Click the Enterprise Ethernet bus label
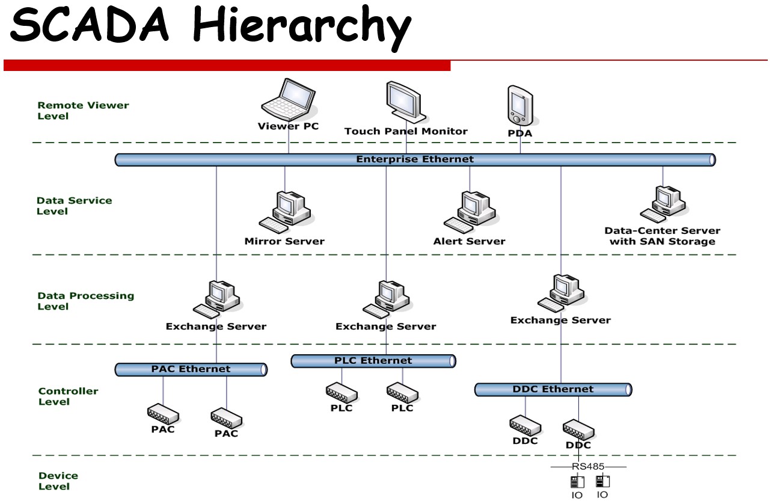pos(415,159)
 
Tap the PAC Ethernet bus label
pos(191,369)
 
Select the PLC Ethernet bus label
pos(373,361)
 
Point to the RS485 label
pos(588,467)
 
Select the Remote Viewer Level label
pos(83,111)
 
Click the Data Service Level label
pos(74,206)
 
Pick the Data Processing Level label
pos(85,301)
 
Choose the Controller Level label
pos(68,396)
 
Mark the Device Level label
pos(58,481)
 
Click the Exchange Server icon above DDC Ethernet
pos(562,292)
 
